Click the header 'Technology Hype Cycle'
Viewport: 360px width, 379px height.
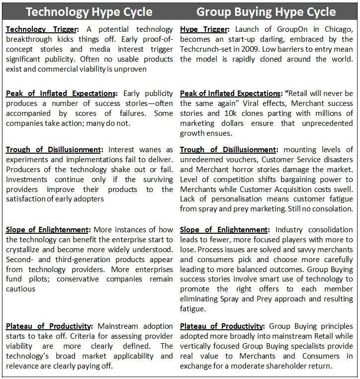point(89,12)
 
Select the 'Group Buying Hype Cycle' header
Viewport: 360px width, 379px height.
point(266,12)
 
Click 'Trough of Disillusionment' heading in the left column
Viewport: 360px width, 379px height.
point(54,150)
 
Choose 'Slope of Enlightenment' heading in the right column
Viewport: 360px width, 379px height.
point(224,230)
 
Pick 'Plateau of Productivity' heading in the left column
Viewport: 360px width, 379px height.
point(49,326)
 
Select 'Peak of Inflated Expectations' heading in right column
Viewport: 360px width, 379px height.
point(230,94)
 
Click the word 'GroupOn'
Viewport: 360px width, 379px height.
point(287,29)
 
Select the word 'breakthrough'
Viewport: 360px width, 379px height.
point(29,40)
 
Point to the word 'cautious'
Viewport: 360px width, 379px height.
point(20,289)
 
